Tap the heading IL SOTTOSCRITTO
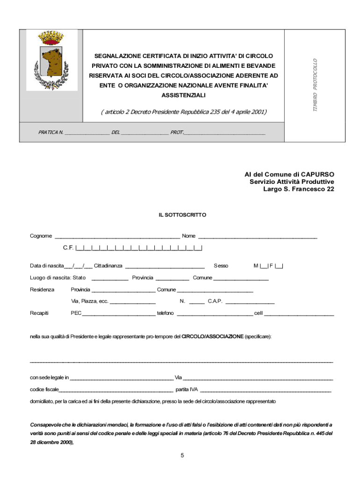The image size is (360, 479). click(182, 215)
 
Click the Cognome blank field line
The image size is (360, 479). click(117, 237)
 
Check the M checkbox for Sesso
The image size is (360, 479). click(264, 266)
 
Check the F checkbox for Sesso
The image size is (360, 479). click(279, 266)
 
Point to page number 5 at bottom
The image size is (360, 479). click(182, 455)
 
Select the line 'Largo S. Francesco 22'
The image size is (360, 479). click(299, 189)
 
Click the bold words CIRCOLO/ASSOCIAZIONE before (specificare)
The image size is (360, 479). click(212, 336)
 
